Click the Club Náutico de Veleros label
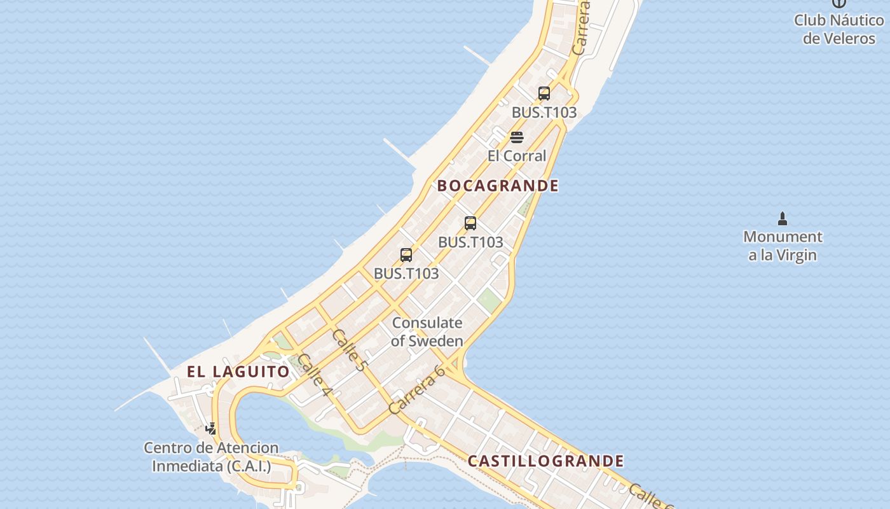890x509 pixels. [839, 29]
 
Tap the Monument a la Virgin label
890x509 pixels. [783, 246]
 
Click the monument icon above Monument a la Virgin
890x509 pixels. [783, 220]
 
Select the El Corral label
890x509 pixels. [517, 156]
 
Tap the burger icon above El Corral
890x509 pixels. [517, 137]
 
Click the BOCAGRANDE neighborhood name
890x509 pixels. [498, 186]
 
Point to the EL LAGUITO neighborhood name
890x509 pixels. [238, 372]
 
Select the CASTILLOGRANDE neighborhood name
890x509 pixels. [545, 461]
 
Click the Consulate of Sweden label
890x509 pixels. [427, 331]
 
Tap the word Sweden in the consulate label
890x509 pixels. [435, 341]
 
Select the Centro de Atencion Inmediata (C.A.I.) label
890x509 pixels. [211, 457]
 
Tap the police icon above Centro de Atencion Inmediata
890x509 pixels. [210, 429]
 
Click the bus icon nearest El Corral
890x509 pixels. [544, 94]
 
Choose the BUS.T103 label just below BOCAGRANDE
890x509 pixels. [470, 242]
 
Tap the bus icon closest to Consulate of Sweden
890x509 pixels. [406, 255]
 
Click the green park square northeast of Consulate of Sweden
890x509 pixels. [489, 300]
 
